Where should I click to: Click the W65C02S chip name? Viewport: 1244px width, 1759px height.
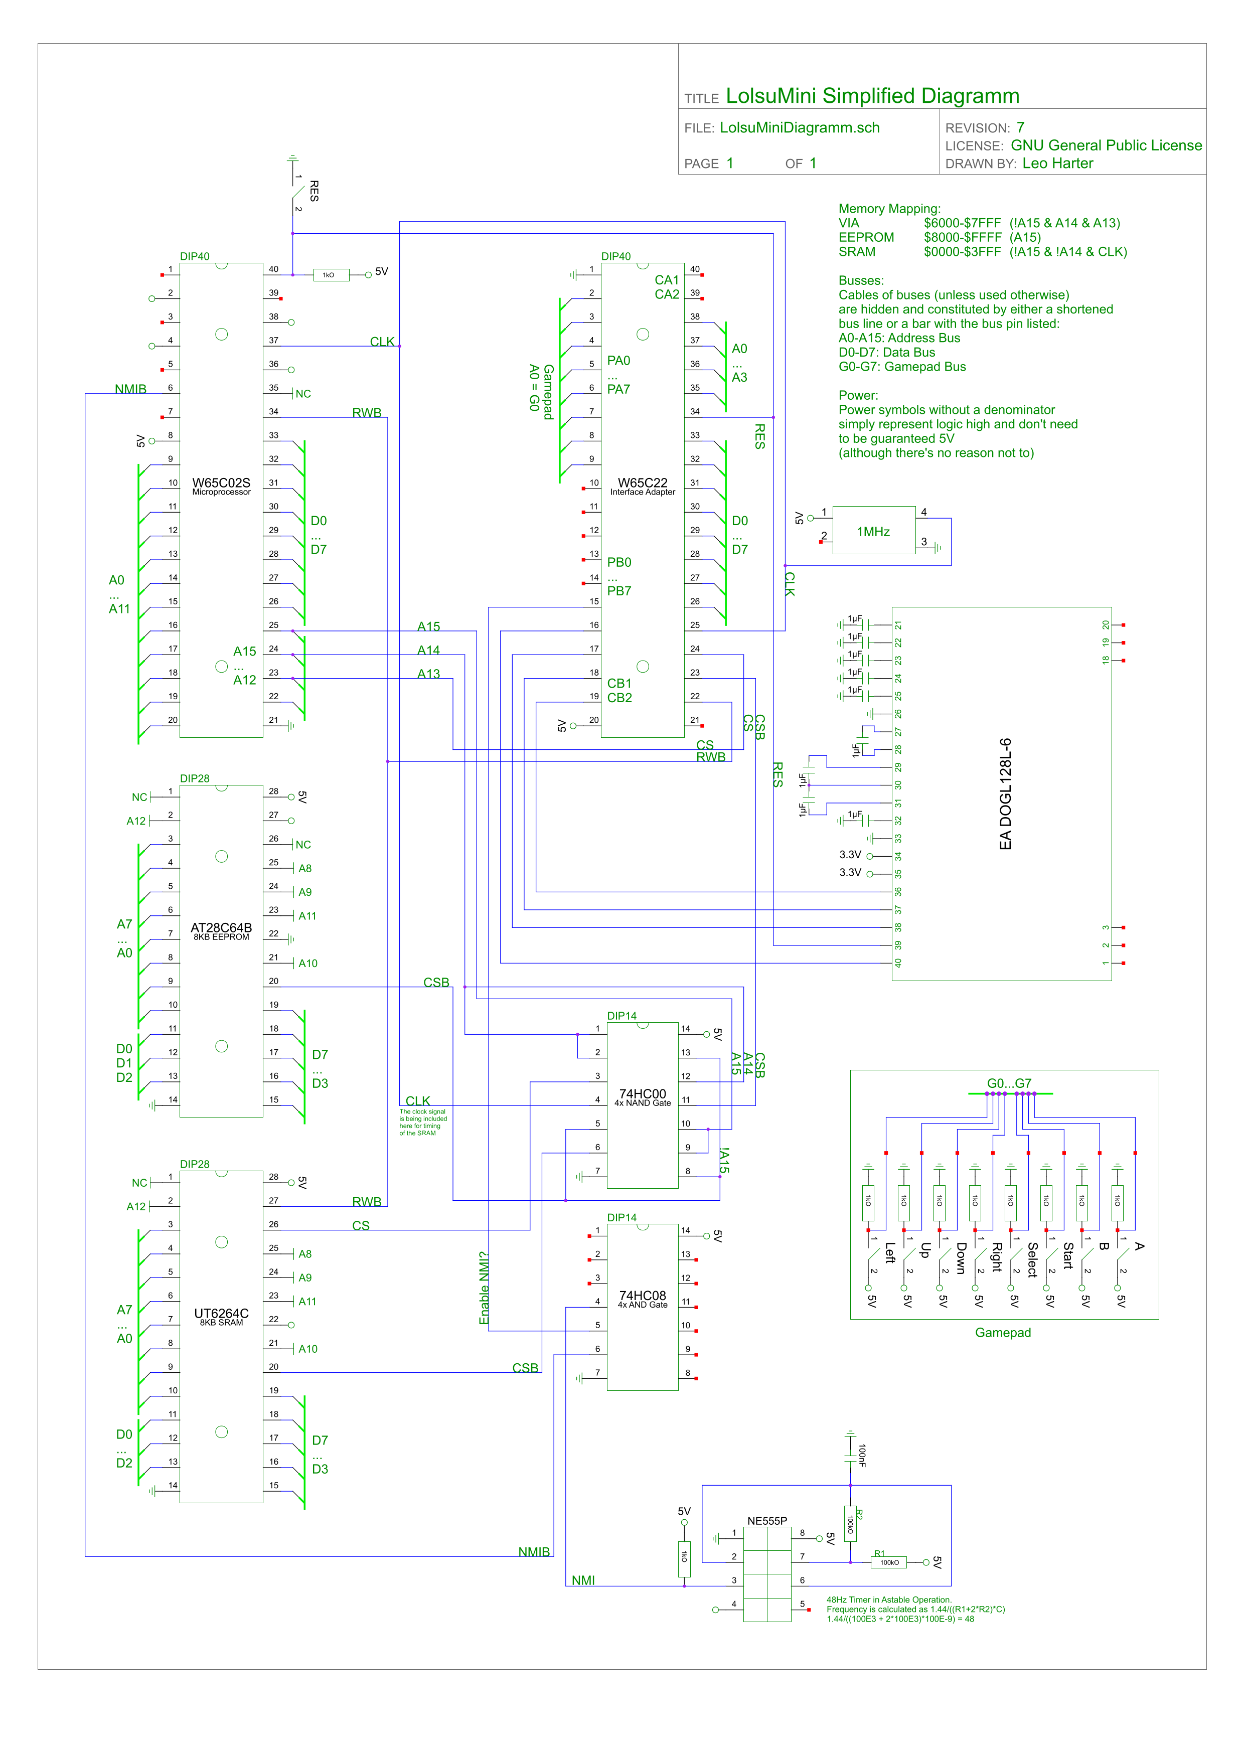pyautogui.click(x=221, y=483)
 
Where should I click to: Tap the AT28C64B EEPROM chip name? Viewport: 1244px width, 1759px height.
pyautogui.click(x=221, y=928)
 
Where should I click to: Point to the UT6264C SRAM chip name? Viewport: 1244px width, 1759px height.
pyautogui.click(x=221, y=1313)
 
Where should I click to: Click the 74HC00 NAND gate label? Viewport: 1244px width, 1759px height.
pyautogui.click(x=643, y=1094)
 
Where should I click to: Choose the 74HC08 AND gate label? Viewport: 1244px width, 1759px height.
pyautogui.click(x=643, y=1296)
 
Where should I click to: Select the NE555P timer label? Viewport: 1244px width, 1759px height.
pyautogui.click(x=767, y=1521)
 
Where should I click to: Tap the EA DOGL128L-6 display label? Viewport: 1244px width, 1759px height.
pyautogui.click(x=1006, y=793)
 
